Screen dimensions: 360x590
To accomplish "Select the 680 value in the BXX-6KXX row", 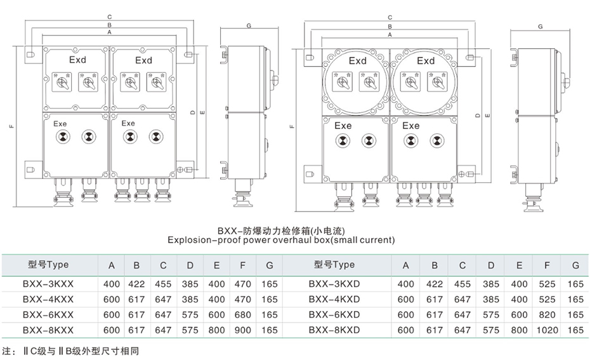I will pyautogui.click(x=242, y=315).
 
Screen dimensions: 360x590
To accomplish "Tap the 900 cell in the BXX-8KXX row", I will pyautogui.click(x=242, y=330).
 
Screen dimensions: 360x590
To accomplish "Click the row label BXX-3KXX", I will pyautogui.click(x=48, y=284).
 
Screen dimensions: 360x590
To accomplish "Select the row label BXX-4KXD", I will pyautogui.click(x=334, y=299).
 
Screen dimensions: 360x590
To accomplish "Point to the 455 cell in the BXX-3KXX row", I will pyautogui.click(x=163, y=284).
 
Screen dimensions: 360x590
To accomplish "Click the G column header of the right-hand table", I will pyautogui.click(x=575, y=265).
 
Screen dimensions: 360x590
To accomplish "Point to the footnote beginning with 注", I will pyautogui.click(x=70, y=350).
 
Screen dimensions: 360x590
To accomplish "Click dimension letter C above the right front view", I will pyautogui.click(x=389, y=18).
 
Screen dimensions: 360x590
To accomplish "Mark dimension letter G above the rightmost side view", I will pyautogui.click(x=540, y=27).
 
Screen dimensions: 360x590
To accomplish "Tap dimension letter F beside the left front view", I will pyautogui.click(x=11, y=127).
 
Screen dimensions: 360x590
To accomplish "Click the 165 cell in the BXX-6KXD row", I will pyautogui.click(x=575, y=315).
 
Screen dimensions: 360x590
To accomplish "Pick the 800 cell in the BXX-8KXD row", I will pyautogui.click(x=519, y=330).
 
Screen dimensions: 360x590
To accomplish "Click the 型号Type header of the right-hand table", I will pyautogui.click(x=334, y=265).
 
